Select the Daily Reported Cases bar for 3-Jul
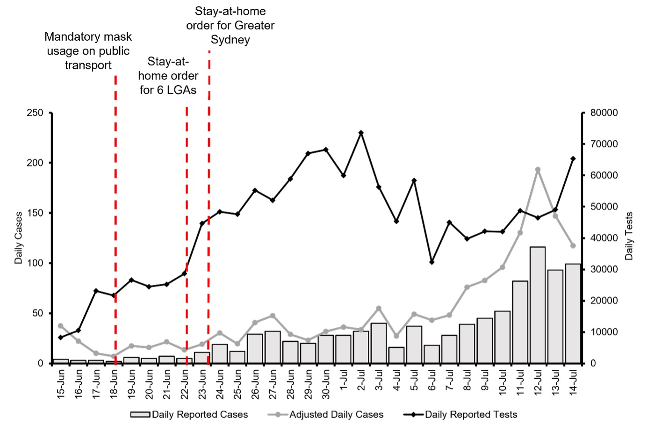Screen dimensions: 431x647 (379, 343)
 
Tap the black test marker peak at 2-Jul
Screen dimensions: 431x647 (361, 133)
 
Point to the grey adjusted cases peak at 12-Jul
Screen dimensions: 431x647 (538, 170)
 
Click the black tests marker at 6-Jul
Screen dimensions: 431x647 (431, 262)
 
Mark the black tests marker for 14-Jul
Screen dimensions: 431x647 (573, 159)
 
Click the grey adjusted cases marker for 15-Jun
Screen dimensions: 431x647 (60, 326)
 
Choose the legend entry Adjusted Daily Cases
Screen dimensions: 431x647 (336, 415)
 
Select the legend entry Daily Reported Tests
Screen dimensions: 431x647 (470, 415)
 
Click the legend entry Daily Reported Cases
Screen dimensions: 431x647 (199, 415)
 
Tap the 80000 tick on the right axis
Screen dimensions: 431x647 (604, 113)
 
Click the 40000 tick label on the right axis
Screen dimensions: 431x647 (604, 238)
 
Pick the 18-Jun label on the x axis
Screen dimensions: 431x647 (114, 384)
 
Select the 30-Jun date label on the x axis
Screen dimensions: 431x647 (326, 384)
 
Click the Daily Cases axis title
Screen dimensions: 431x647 (19, 238)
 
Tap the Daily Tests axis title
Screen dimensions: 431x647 (629, 236)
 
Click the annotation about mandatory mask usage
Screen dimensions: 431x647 (88, 50)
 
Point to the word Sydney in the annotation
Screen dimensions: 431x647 (230, 40)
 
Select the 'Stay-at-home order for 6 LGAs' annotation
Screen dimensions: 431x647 (168, 76)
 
